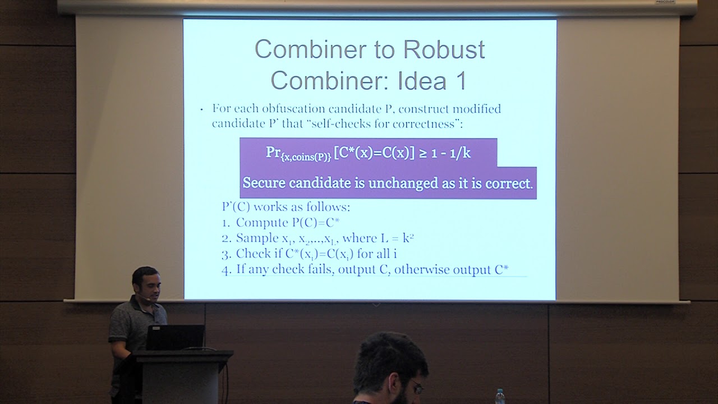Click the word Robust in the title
coord(444,49)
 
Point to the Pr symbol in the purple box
coord(273,152)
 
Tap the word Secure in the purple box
coord(264,183)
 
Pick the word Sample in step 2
coord(257,238)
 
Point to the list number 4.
coord(226,270)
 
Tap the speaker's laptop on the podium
coord(176,337)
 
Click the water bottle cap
coord(500,392)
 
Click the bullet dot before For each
coord(201,110)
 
